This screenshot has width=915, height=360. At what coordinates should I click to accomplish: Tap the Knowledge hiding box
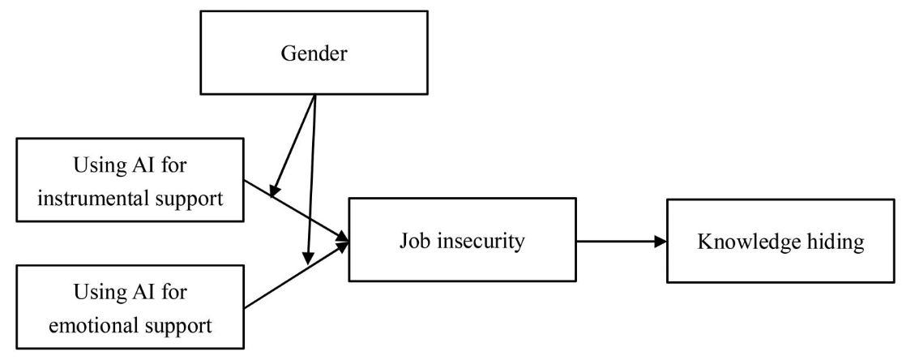781,241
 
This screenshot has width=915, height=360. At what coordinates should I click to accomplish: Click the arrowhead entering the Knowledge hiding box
661,241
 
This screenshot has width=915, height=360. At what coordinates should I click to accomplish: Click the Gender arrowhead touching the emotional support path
308,258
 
